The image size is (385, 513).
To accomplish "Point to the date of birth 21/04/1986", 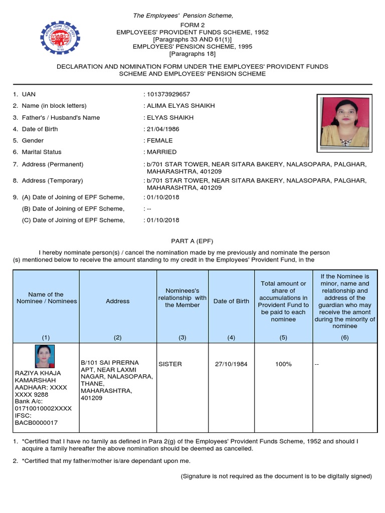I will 162,129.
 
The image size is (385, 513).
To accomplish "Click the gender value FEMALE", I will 159,141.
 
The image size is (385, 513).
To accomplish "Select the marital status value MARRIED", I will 161,152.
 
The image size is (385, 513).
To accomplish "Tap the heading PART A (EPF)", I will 192,241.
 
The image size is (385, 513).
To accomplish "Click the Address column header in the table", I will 118,301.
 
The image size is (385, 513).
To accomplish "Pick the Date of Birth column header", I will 231,301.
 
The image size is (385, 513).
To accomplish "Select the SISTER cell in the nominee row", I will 170,364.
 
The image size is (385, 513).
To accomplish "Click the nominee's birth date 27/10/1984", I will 231,364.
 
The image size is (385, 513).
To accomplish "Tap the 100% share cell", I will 283,364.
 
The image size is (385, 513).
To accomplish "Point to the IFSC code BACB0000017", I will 36,423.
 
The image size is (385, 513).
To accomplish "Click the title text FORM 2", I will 192,25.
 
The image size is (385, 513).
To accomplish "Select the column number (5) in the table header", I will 283,337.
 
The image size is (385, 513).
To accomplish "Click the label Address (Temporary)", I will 52,180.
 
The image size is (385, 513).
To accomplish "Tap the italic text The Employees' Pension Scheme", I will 182,16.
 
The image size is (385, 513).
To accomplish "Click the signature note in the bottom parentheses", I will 276,476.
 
